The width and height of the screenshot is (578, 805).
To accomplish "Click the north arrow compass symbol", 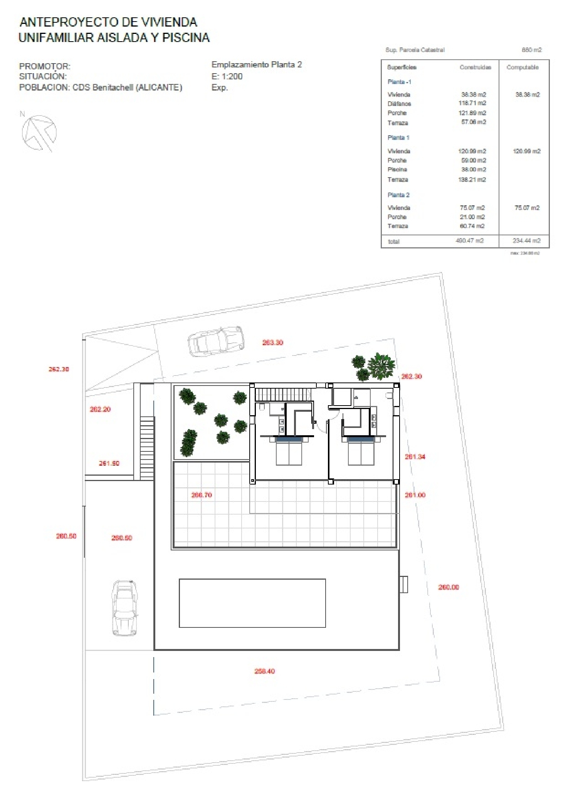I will [39, 133].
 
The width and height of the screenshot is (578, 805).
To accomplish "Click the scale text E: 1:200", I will [227, 76].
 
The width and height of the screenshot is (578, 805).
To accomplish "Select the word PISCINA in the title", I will [186, 38].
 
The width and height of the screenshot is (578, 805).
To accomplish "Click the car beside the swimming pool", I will [124, 608].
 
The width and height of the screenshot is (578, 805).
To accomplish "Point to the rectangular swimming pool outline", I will [252, 603].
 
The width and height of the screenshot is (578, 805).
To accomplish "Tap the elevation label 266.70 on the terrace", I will [202, 495].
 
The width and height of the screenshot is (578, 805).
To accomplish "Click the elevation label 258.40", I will [264, 671].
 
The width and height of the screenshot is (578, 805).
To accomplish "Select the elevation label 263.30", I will [272, 342].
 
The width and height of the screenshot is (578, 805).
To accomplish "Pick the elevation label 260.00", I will [449, 587].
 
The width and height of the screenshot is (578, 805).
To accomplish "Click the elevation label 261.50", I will [109, 463].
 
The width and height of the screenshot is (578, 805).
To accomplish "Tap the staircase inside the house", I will [283, 395].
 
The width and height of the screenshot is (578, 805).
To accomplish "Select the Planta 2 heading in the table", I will [398, 195].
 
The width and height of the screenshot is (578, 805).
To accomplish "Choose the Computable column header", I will [522, 67].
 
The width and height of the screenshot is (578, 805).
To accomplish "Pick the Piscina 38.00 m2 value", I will [474, 169].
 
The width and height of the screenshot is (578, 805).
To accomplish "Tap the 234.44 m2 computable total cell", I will [526, 241].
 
